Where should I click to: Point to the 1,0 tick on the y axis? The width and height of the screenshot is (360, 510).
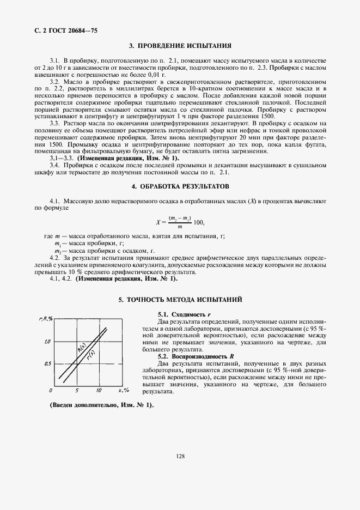pyautogui.click(x=47, y=342)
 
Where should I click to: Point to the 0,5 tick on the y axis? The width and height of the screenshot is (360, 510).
pyautogui.click(x=47, y=363)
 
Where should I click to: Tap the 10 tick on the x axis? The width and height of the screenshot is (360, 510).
pyautogui.click(x=98, y=391)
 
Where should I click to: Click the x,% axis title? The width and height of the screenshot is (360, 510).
pyautogui.click(x=123, y=391)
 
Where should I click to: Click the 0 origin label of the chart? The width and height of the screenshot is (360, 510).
pyautogui.click(x=51, y=391)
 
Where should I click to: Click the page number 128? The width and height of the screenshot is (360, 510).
pyautogui.click(x=180, y=471)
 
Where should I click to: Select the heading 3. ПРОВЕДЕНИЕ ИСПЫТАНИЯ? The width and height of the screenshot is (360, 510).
pyautogui.click(x=180, y=46)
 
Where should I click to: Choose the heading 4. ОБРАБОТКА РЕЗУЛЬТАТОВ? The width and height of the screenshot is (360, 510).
pyautogui.click(x=180, y=186)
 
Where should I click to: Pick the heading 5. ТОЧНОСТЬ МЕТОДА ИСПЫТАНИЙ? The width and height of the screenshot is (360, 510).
pyautogui.click(x=180, y=300)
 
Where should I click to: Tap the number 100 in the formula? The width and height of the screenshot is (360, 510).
pyautogui.click(x=198, y=222)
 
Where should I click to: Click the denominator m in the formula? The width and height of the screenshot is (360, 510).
pyautogui.click(x=179, y=227)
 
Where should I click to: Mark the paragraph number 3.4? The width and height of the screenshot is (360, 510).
pyautogui.click(x=54, y=165)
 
